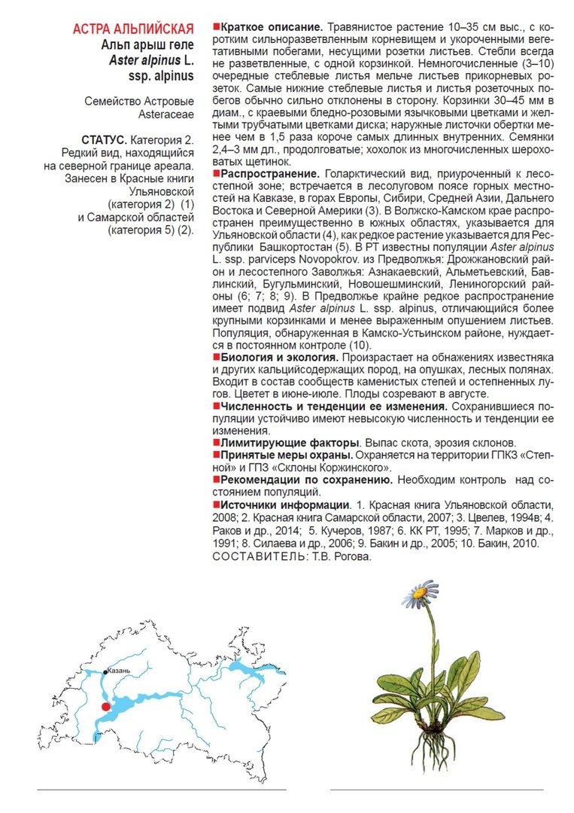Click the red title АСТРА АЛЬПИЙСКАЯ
pos(132,30)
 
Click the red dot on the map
pos(105,706)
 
